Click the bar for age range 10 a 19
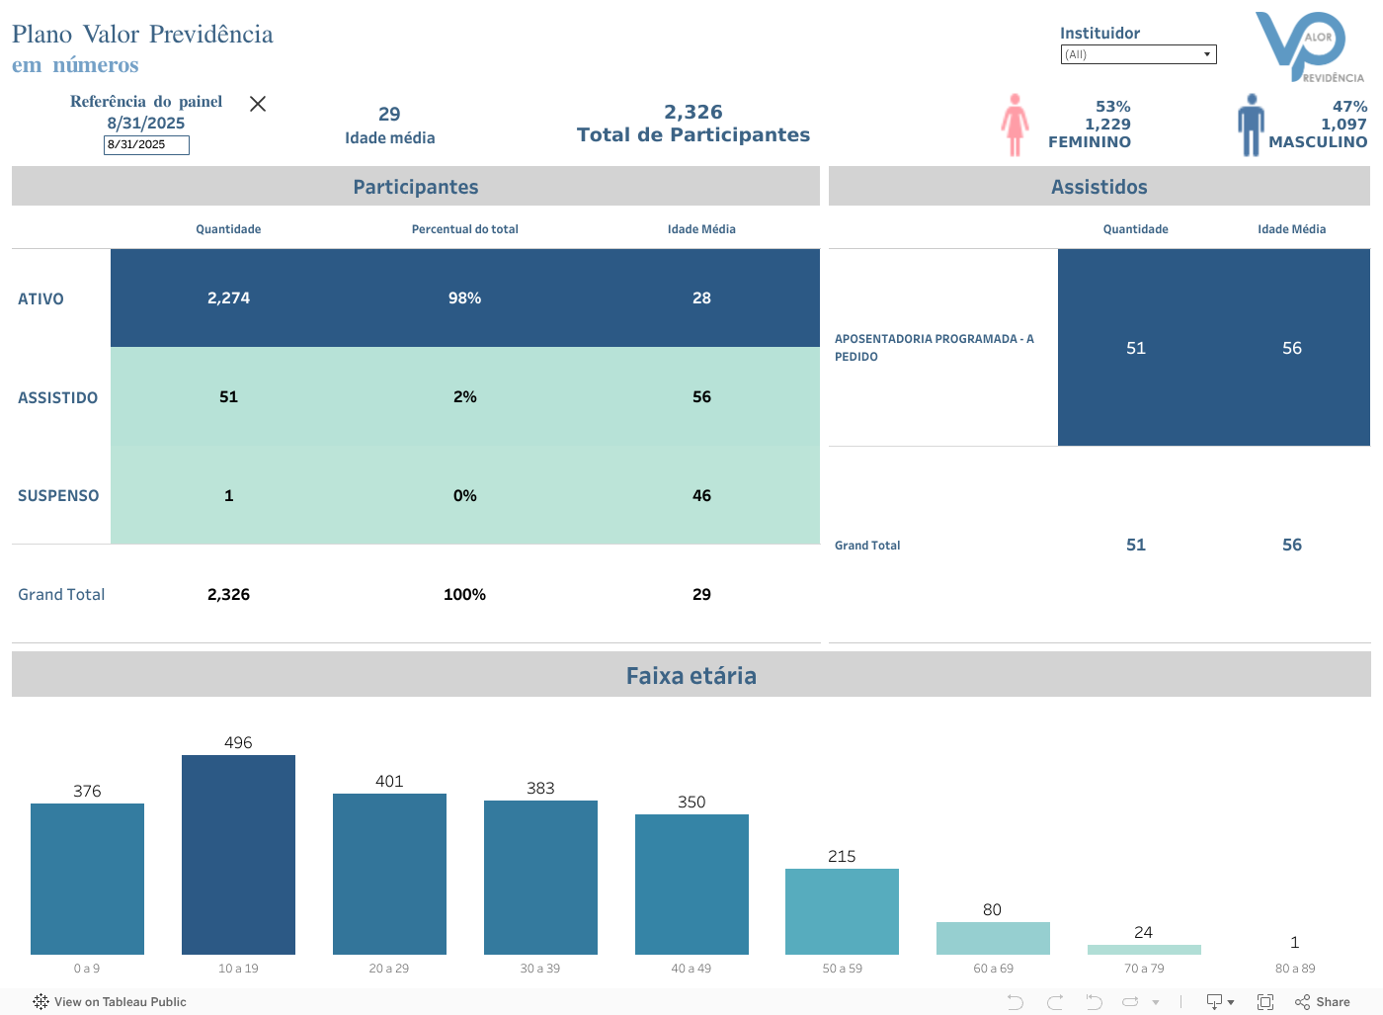click(x=238, y=855)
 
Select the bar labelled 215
click(x=842, y=911)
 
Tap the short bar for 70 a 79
click(x=1144, y=950)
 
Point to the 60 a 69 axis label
click(x=993, y=969)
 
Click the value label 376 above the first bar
click(x=87, y=791)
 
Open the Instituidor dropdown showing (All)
click(x=1138, y=54)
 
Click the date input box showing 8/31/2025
click(x=146, y=144)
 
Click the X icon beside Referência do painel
click(x=258, y=104)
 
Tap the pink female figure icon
click(x=1015, y=125)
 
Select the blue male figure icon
click(x=1251, y=125)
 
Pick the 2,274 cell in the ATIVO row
click(x=228, y=298)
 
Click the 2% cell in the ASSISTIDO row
click(x=464, y=397)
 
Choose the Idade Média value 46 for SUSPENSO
click(x=701, y=496)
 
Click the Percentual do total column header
click(x=464, y=229)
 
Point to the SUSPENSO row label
click(x=58, y=496)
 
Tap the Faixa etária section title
click(x=691, y=676)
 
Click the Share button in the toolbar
click(x=1323, y=1002)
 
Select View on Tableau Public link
click(x=110, y=1002)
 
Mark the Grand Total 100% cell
click(x=464, y=595)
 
